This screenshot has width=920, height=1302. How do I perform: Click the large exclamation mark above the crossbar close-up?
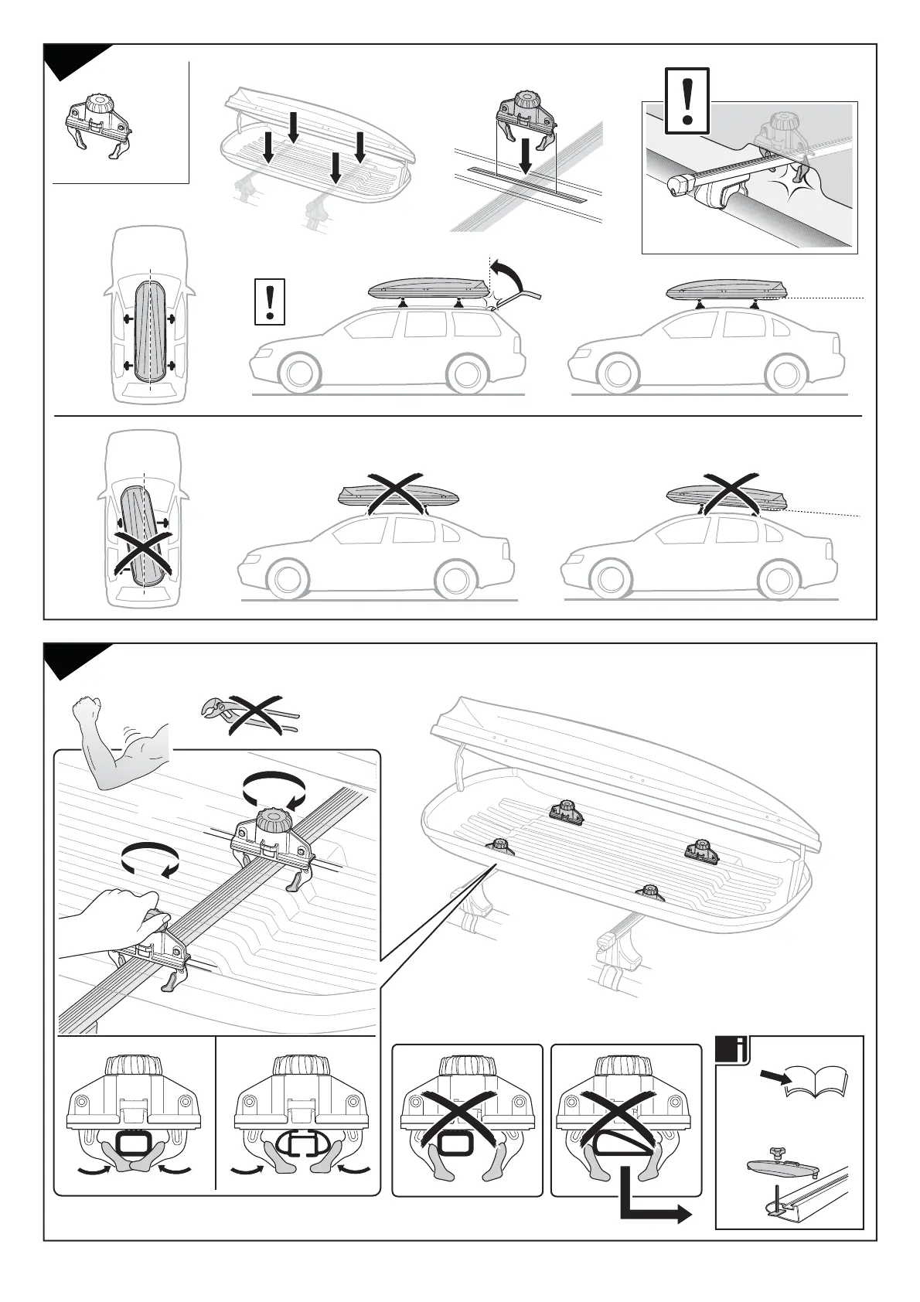click(687, 100)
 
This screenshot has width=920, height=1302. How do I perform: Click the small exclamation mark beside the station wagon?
click(269, 301)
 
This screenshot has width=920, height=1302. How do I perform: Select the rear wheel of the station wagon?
click(466, 374)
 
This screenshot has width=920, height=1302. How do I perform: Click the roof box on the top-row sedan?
click(725, 290)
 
